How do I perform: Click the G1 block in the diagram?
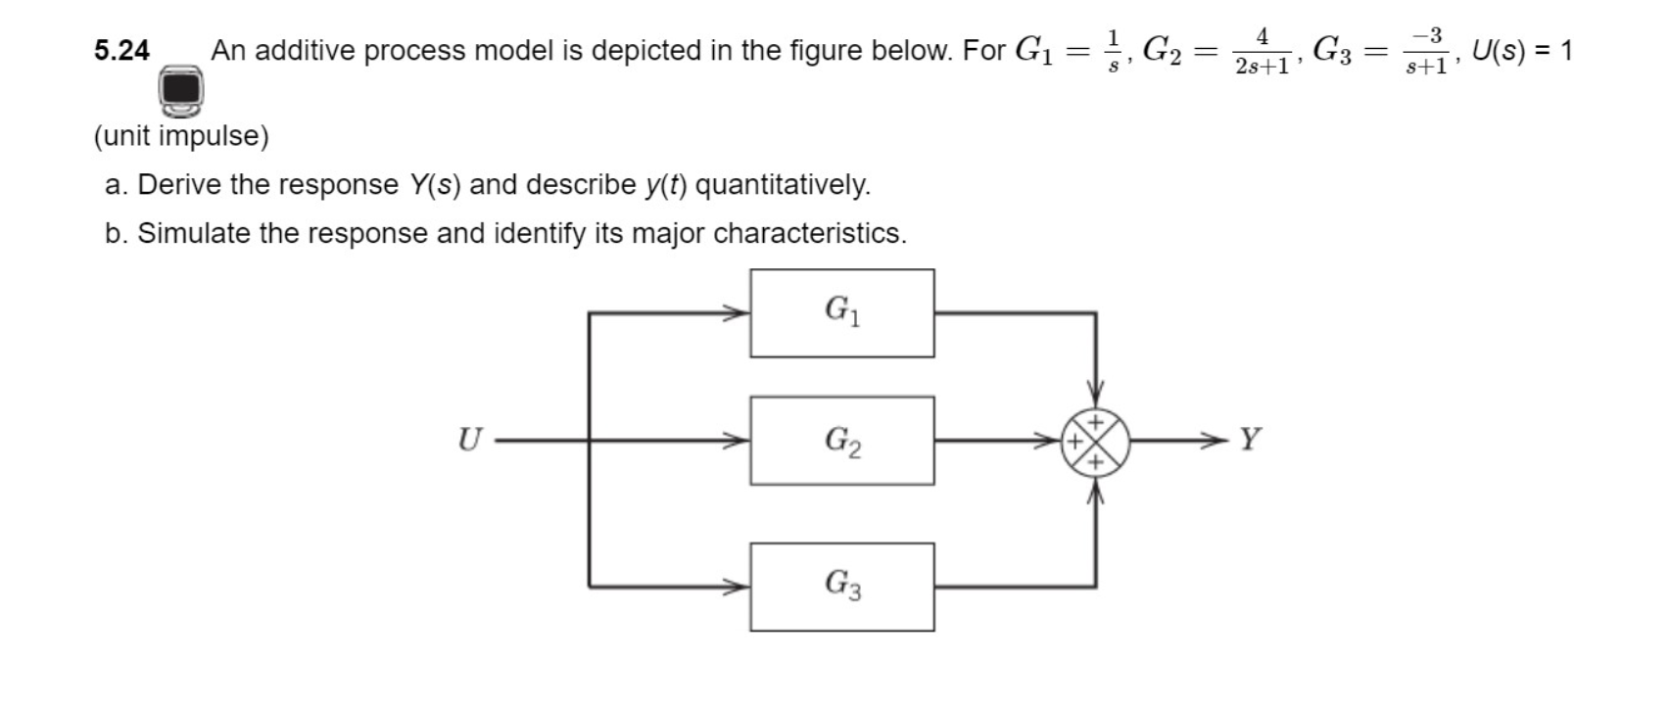pyautogui.click(x=841, y=313)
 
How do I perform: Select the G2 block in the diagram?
pyautogui.click(x=841, y=441)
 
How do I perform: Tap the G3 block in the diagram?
pyautogui.click(x=841, y=587)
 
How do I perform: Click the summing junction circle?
pyautogui.click(x=1096, y=441)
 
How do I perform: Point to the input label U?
pyautogui.click(x=470, y=440)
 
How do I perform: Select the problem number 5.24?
pyautogui.click(x=121, y=51)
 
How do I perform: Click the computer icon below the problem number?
pyautogui.click(x=181, y=90)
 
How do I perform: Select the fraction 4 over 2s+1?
pyautogui.click(x=1262, y=51)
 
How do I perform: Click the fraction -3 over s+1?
pyautogui.click(x=1427, y=51)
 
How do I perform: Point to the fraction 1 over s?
pyautogui.click(x=1113, y=51)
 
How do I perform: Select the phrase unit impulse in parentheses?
pyautogui.click(x=181, y=136)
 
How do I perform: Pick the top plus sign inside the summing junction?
pyautogui.click(x=1096, y=422)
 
